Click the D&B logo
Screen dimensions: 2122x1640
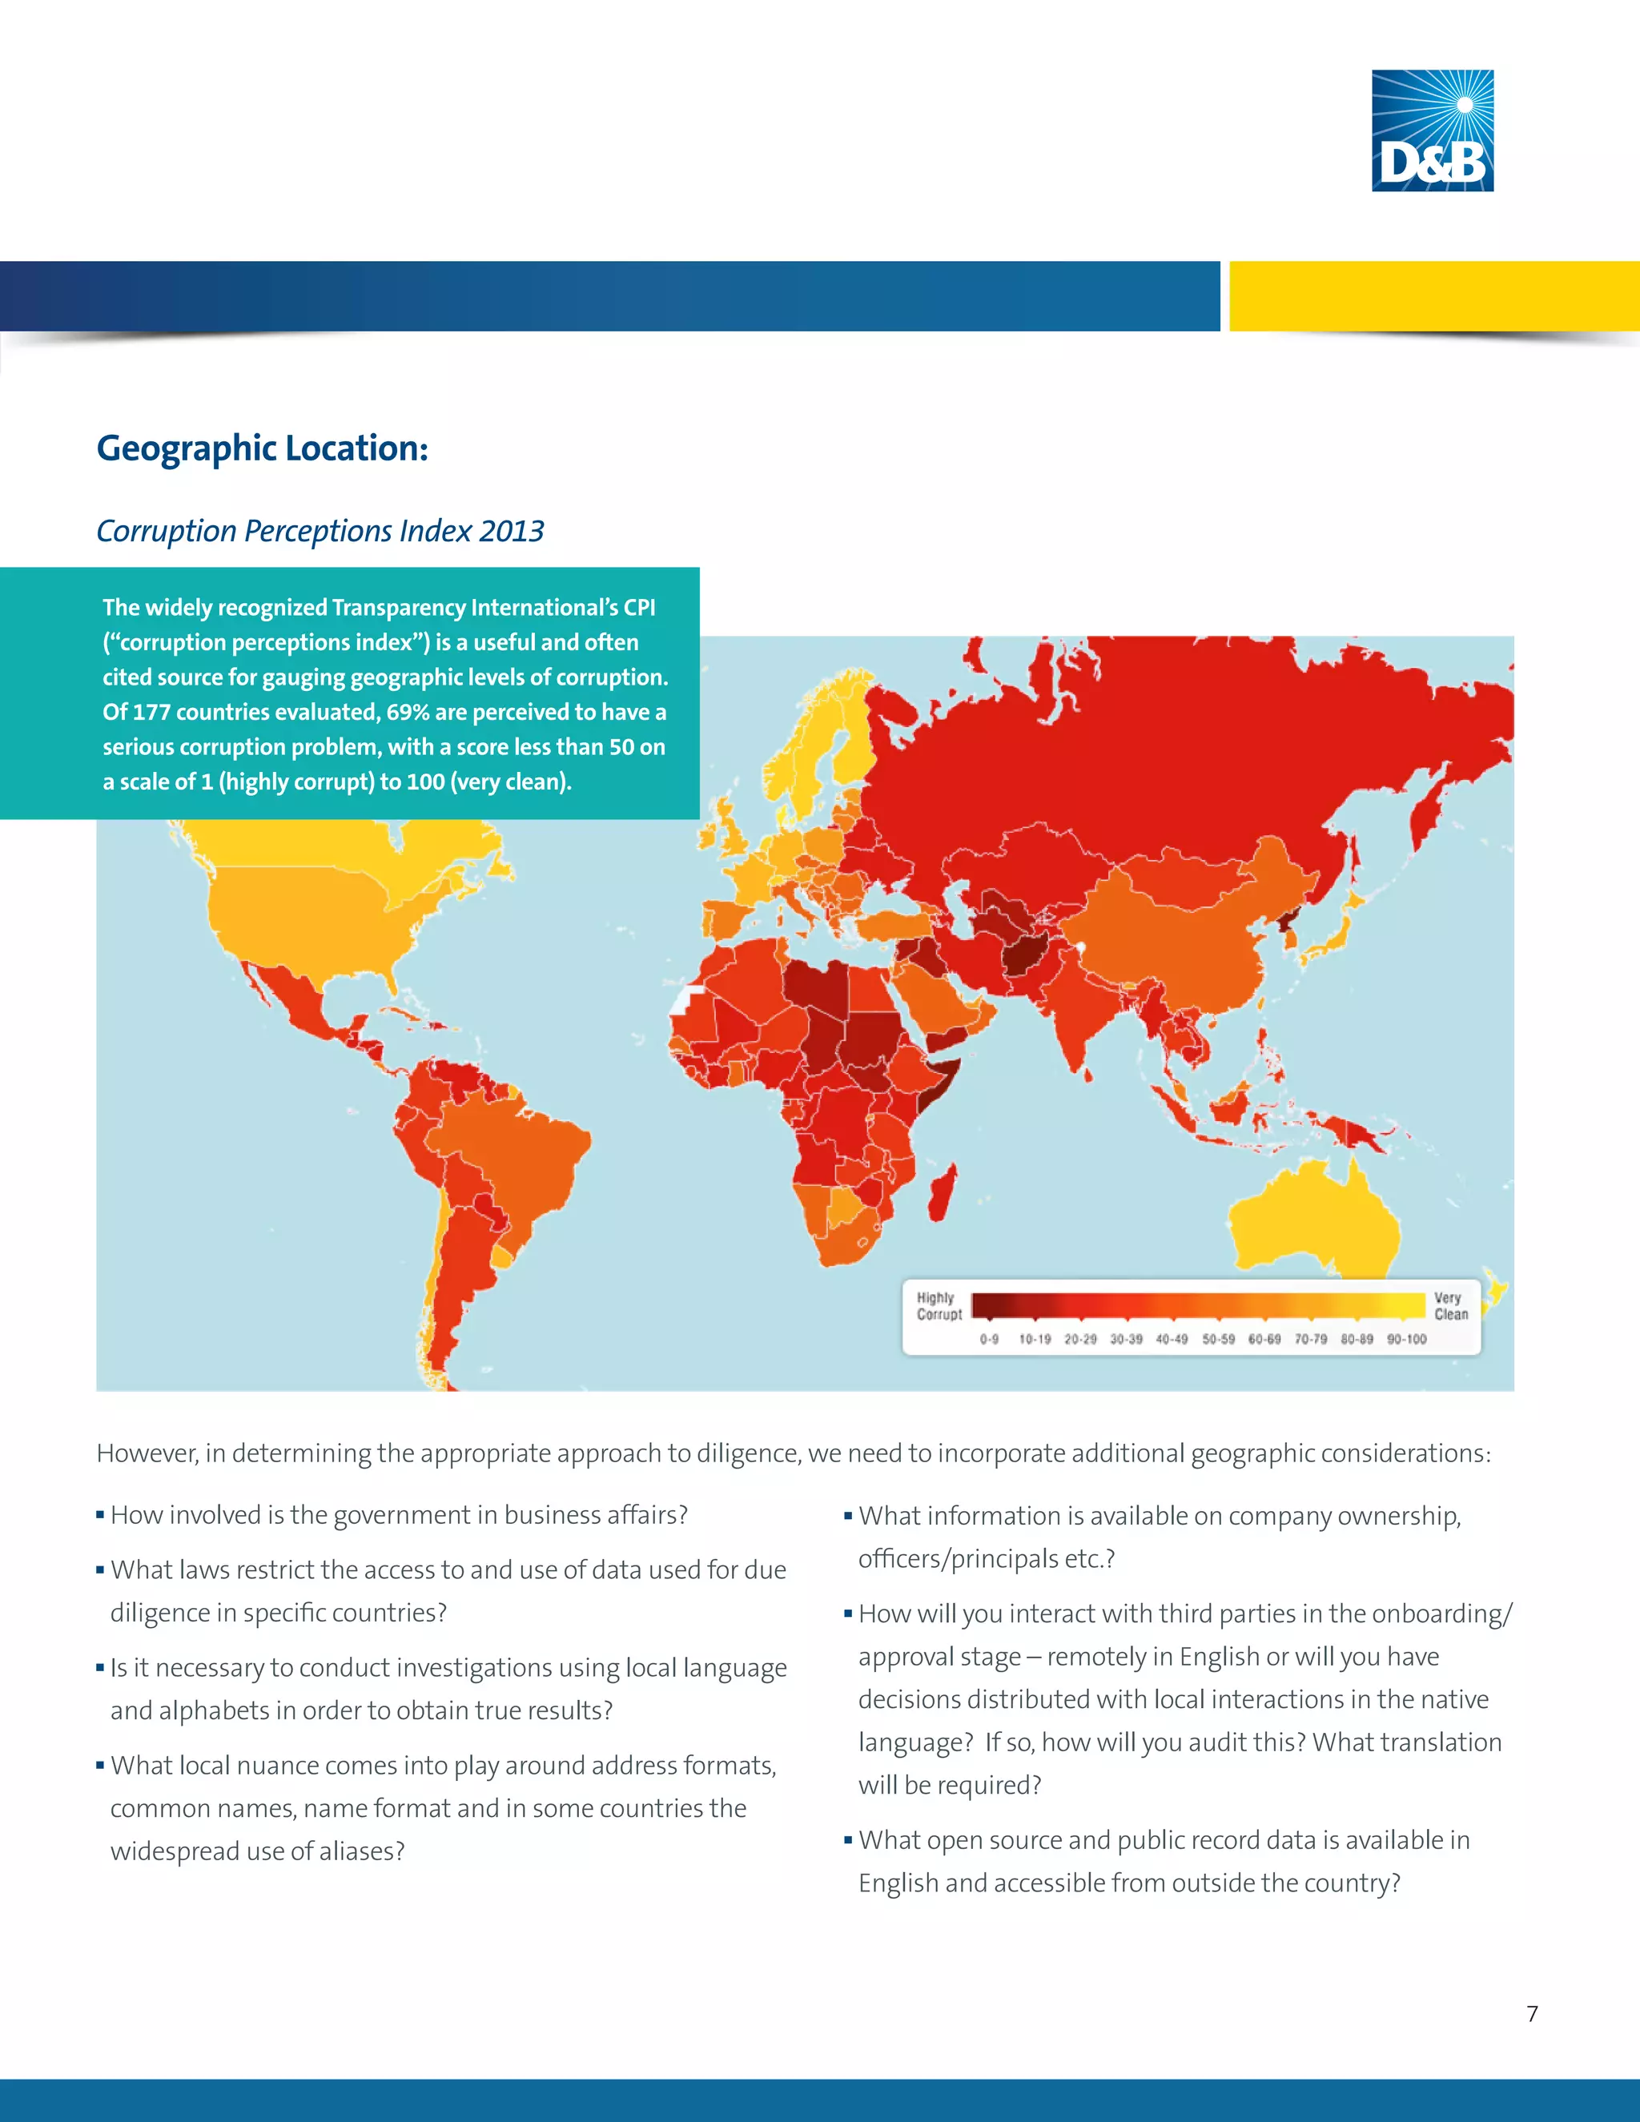[x=1432, y=131]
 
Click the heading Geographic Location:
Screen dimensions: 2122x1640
[x=263, y=449]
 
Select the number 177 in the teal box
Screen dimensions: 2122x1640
[x=151, y=712]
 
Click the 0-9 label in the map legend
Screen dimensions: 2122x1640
[x=989, y=1339]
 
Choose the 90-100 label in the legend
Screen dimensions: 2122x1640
[x=1406, y=1339]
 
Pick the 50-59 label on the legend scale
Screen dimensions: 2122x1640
[x=1218, y=1339]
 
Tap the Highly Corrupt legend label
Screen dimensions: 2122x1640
[x=939, y=1306]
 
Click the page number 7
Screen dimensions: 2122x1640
[x=1532, y=2014]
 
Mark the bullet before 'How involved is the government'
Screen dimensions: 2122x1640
[x=100, y=1516]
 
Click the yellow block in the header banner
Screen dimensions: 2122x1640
[x=1434, y=296]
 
